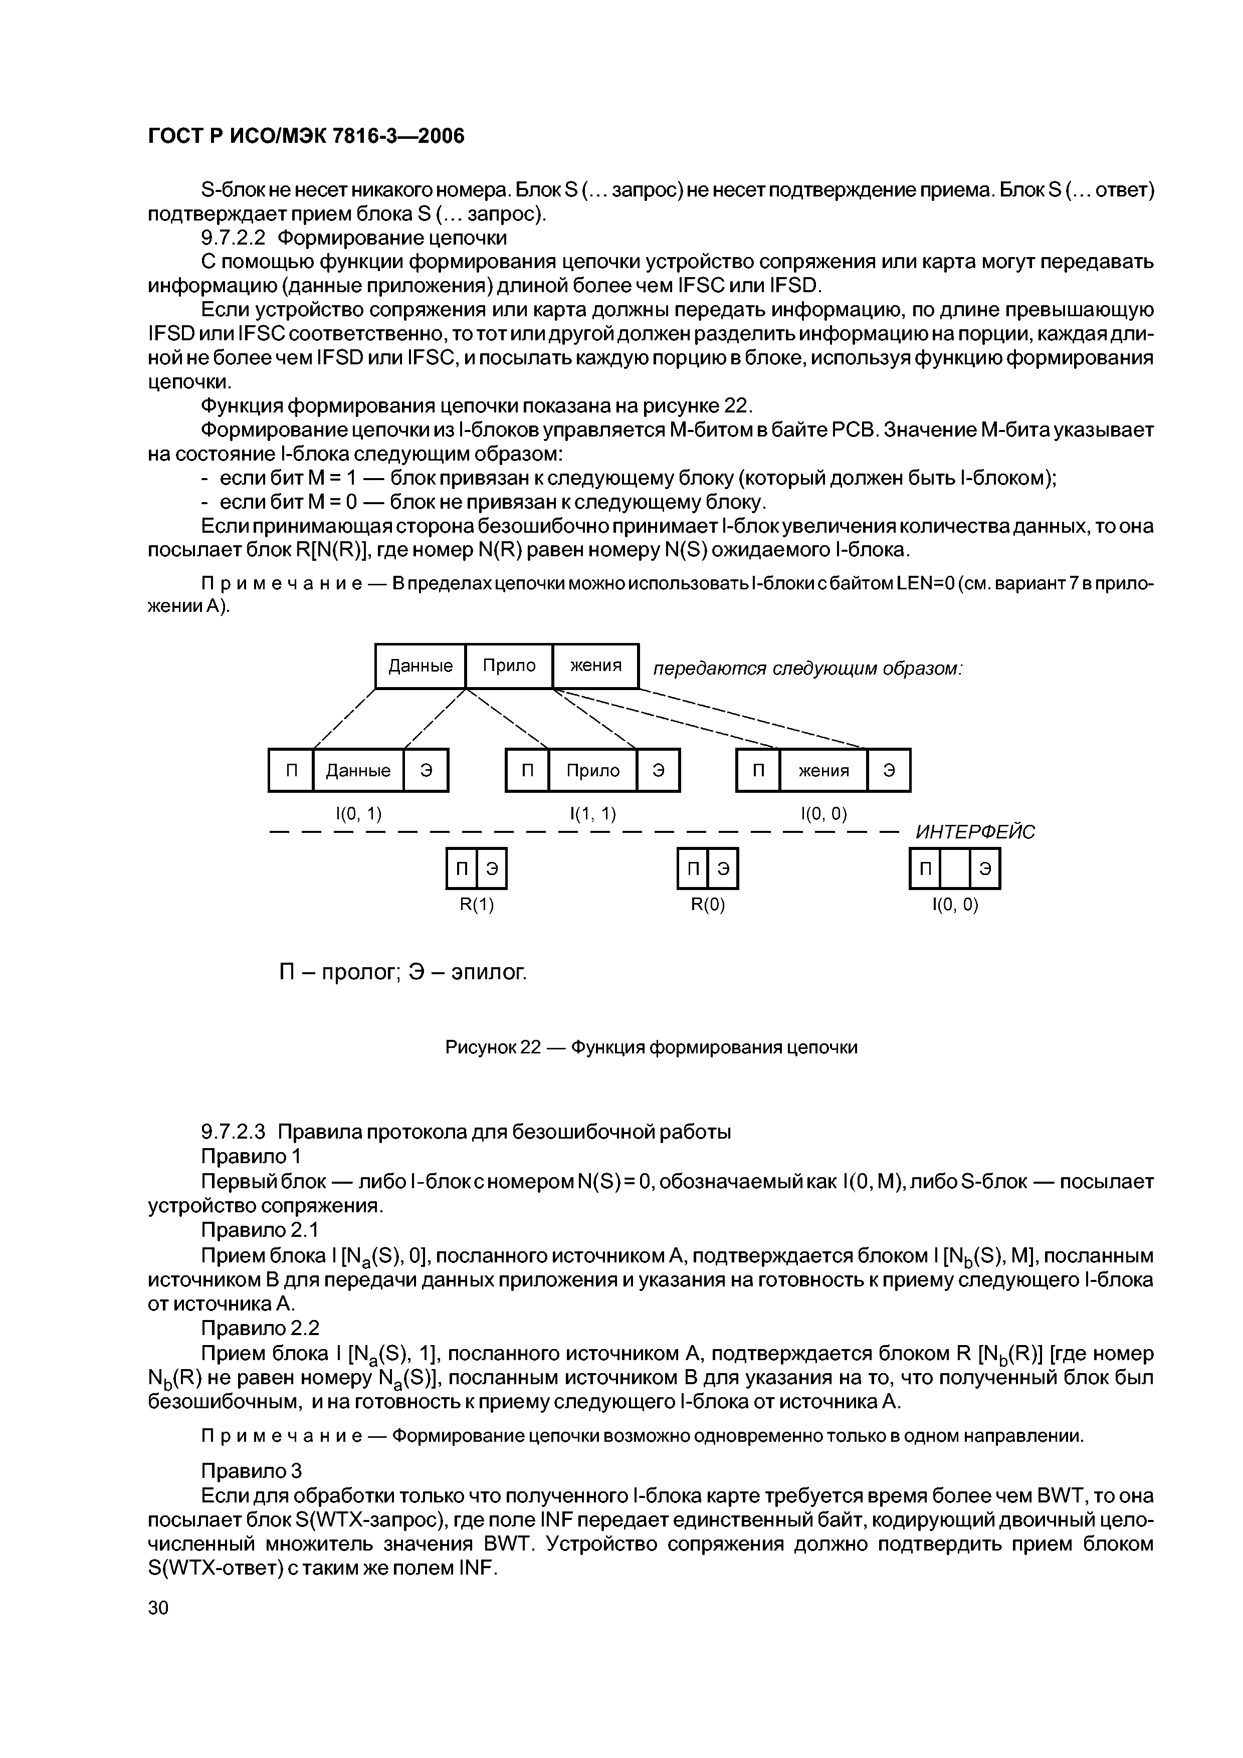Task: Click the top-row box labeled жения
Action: point(595,666)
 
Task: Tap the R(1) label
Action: point(476,905)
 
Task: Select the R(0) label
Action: point(708,905)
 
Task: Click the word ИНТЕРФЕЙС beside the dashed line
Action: point(975,832)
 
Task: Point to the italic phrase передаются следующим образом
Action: point(807,669)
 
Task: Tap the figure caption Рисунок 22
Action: point(651,1047)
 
